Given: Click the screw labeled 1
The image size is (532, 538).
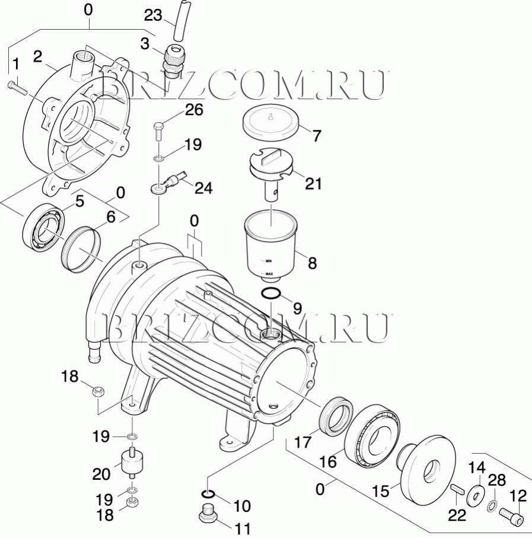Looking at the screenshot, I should pos(17,87).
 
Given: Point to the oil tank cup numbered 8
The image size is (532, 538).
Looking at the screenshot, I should pos(270,243).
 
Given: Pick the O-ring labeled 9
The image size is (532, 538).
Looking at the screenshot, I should pos(270,294).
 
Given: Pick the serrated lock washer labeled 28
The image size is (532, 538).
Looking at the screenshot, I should pos(492,505).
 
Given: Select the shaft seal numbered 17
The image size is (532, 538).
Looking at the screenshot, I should pos(335,414).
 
